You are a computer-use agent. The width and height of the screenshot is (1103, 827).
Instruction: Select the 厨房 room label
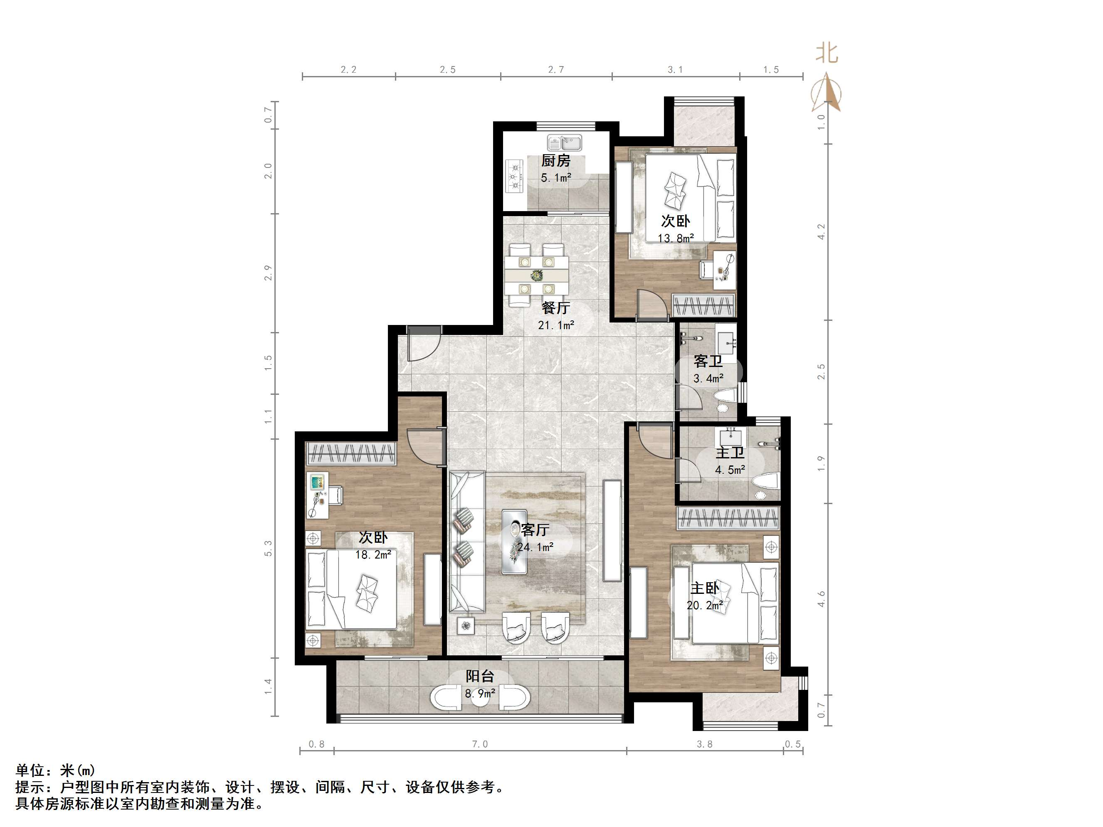[556, 160]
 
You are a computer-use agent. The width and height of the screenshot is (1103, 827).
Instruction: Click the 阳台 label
[480, 677]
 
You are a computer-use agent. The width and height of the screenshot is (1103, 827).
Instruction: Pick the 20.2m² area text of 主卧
[705, 605]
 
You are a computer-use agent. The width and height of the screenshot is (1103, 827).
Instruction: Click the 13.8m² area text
[676, 239]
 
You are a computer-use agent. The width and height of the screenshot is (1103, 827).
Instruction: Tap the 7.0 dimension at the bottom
[480, 745]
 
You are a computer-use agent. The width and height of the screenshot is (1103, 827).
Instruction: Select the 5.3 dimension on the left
[268, 548]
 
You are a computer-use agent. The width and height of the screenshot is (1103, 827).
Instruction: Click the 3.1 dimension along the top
[675, 70]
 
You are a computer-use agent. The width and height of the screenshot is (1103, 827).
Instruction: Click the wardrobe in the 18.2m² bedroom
[351, 453]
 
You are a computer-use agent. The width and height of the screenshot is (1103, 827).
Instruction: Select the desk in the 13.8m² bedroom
[724, 270]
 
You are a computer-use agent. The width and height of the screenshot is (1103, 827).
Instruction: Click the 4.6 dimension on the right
[821, 599]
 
